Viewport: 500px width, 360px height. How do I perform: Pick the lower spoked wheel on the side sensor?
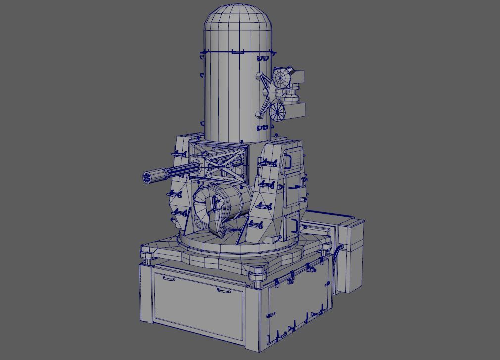coord(278,111)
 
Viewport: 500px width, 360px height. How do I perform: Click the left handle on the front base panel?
coord(168,279)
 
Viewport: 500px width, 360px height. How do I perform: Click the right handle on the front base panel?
coord(224,291)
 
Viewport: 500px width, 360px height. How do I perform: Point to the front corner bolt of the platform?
coord(257,272)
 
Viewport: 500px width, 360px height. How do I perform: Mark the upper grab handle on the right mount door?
coord(287,161)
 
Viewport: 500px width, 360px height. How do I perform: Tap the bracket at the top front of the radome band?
coord(238,51)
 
